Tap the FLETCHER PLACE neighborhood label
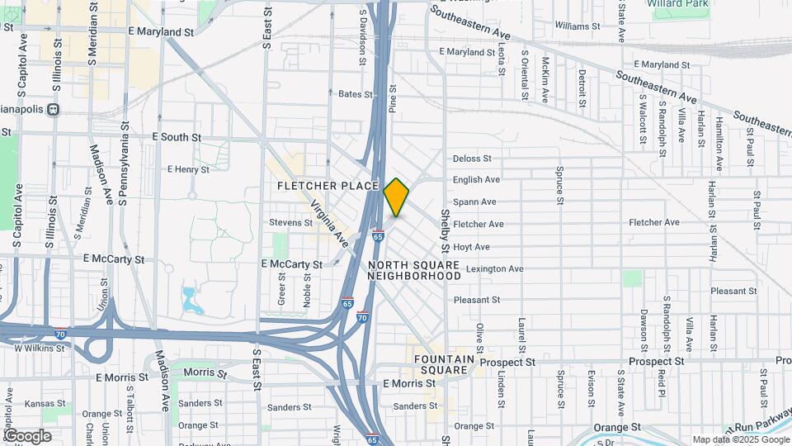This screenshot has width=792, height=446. [328, 186]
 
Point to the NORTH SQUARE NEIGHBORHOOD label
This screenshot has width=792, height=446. [414, 270]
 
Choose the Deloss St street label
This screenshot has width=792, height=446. [472, 159]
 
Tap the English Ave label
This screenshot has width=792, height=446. [476, 179]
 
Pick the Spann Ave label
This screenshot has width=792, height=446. [474, 202]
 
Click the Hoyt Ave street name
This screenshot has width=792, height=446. [472, 247]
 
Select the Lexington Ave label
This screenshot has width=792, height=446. [494, 269]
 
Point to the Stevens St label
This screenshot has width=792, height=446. [290, 222]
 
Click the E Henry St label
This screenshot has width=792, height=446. [188, 169]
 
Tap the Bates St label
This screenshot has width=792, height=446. [356, 94]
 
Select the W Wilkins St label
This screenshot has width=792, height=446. [40, 349]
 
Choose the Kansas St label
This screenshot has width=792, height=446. [40, 403]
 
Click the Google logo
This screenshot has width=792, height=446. [26, 436]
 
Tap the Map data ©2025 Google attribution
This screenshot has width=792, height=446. [740, 439]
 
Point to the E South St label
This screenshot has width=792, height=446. [177, 137]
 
